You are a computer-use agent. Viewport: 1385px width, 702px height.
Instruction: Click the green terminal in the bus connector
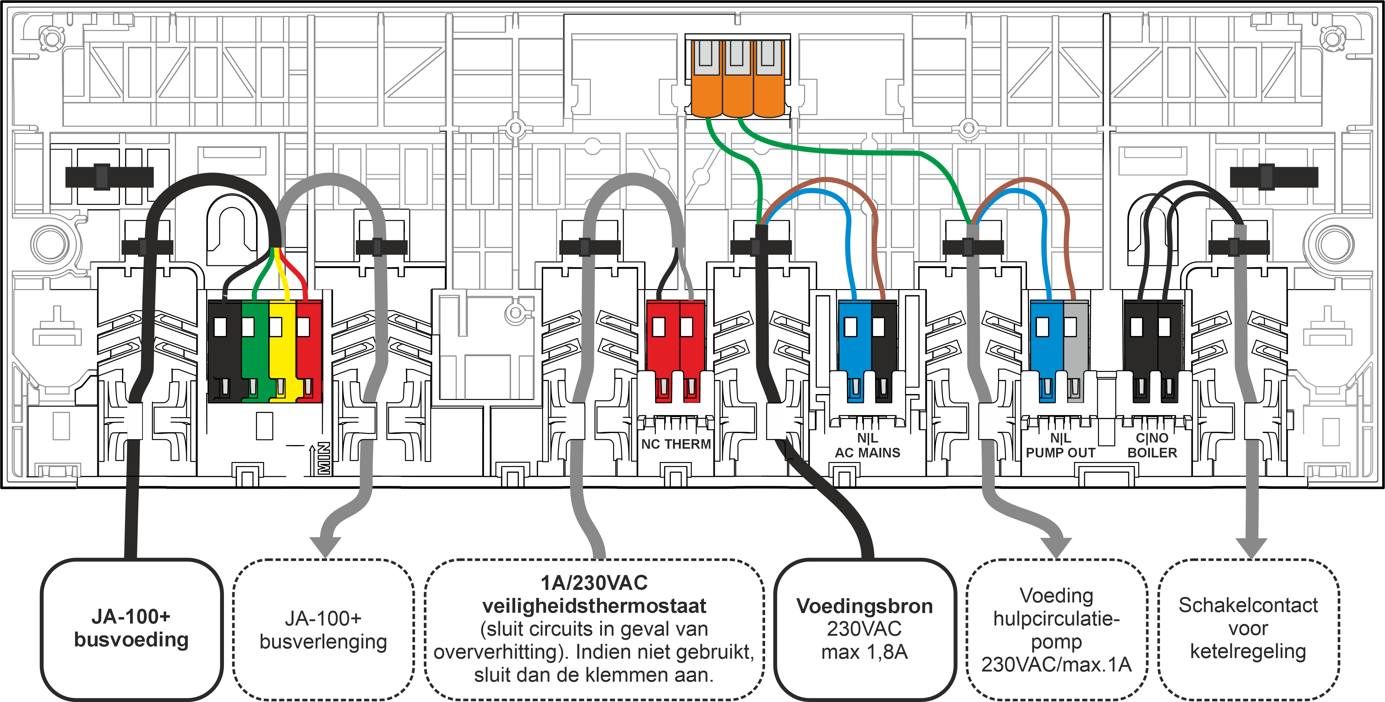coord(254,349)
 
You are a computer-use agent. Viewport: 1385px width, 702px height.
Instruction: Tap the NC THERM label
coord(676,444)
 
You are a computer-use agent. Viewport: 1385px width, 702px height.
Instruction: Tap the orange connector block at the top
coord(737,81)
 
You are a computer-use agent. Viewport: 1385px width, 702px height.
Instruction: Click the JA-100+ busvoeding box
coord(132,629)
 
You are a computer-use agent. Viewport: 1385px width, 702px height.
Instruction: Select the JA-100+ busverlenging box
coord(323,630)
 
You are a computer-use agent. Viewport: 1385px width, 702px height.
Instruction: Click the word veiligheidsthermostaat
coord(594,606)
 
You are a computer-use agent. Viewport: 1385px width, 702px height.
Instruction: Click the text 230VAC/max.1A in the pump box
coord(1056,664)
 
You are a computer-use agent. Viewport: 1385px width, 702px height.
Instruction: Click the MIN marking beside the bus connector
coord(324,458)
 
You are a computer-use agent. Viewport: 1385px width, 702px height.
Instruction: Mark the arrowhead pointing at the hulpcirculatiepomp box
coord(1057,547)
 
